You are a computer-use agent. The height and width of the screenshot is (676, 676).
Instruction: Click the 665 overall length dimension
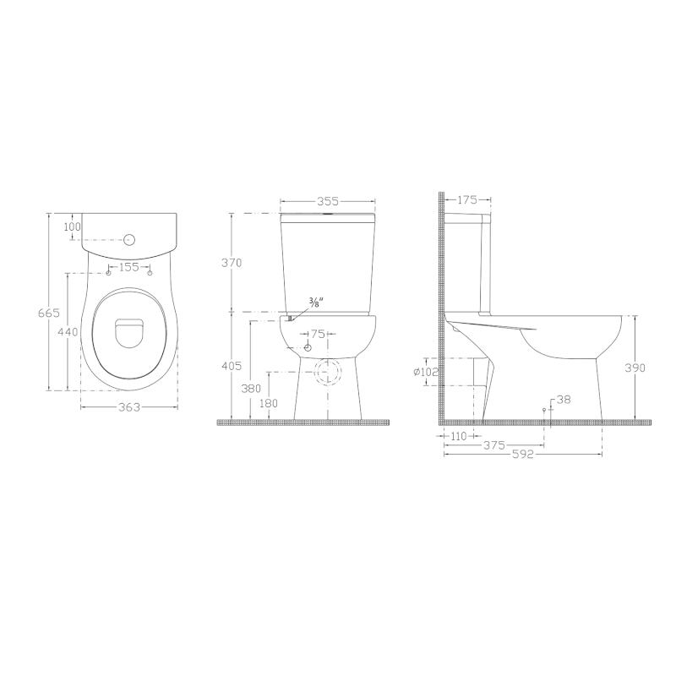point(49,313)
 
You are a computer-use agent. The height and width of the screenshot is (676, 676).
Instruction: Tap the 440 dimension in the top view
point(68,332)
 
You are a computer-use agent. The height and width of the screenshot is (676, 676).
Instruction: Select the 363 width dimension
point(129,406)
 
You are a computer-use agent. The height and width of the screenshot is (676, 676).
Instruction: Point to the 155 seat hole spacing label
point(129,267)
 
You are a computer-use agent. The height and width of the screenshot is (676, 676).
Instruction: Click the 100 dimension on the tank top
point(72,226)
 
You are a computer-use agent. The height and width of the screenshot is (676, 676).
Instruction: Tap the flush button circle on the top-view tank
point(130,239)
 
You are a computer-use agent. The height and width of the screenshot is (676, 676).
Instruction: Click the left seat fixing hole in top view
point(109,273)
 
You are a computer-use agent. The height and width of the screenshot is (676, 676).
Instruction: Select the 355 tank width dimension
point(328,201)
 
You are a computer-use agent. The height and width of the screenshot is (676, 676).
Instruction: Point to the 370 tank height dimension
point(232,262)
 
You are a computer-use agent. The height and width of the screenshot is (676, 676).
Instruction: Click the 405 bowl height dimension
point(232,366)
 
